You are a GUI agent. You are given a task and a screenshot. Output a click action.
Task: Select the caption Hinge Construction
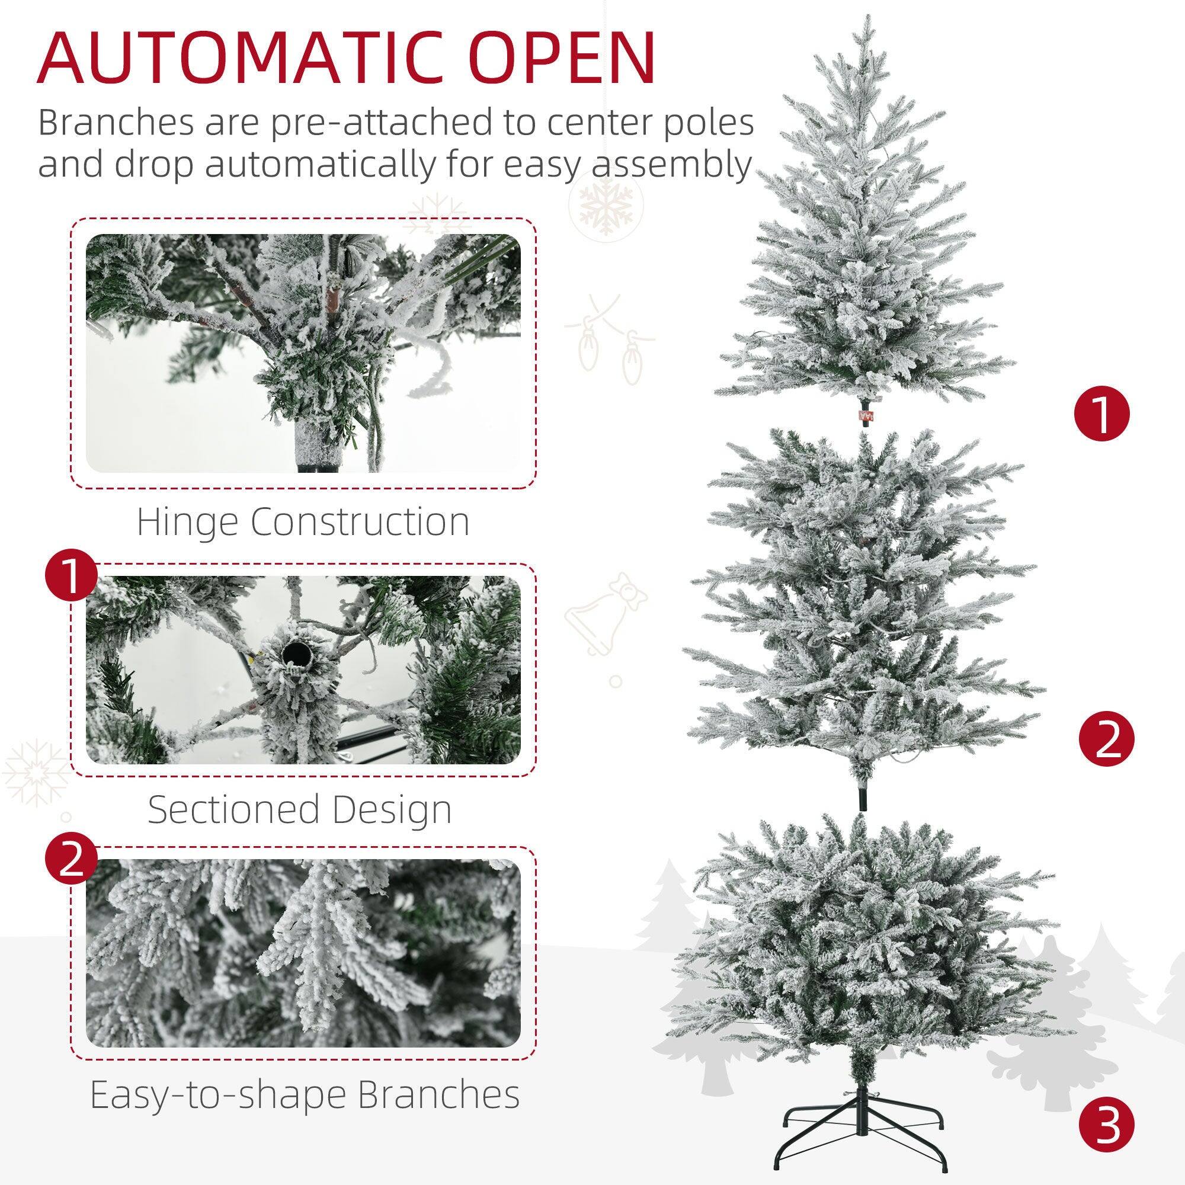tap(303, 522)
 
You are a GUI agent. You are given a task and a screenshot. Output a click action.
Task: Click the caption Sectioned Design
tap(300, 809)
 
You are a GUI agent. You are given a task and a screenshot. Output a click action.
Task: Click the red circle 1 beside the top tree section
tap(1101, 416)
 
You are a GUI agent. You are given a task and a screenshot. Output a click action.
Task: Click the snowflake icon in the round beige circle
tap(606, 204)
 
